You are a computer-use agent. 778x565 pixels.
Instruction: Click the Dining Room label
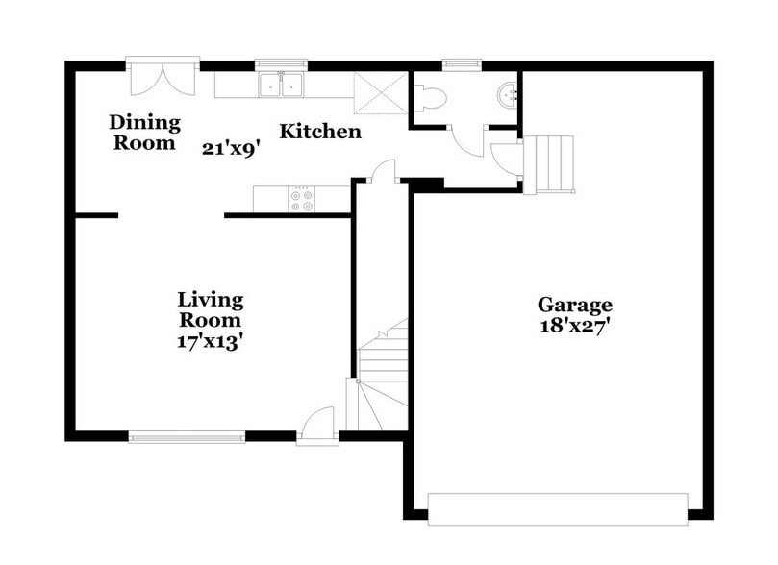pos(144,133)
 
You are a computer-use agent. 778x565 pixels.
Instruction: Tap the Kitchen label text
pos(320,132)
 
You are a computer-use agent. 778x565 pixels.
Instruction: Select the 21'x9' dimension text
pos(229,148)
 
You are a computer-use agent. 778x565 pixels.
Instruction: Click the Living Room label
pos(210,309)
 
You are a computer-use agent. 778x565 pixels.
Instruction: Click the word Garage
pos(574,306)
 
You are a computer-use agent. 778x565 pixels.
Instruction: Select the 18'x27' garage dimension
pos(574,326)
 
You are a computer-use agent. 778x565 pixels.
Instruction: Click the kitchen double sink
pos(281,86)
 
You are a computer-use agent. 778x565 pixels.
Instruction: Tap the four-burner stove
pos(301,200)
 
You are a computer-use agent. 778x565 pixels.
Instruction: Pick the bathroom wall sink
pos(508,95)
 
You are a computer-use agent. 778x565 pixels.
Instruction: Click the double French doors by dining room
pos(163,78)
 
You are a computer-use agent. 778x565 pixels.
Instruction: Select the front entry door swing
pos(318,425)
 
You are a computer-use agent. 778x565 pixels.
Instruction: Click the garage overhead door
pos(557,509)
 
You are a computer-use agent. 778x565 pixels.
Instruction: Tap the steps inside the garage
pos(549,164)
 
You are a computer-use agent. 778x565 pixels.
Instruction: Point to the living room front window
pos(187,437)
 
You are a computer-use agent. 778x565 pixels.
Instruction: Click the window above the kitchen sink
pos(281,65)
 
